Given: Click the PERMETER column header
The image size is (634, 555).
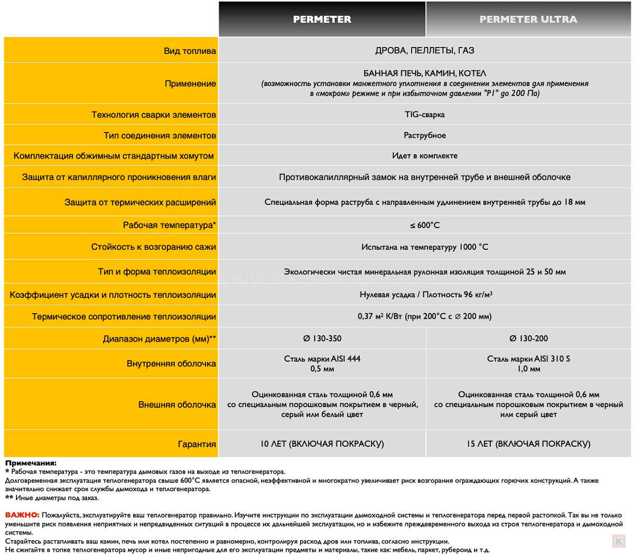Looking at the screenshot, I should coord(322,20).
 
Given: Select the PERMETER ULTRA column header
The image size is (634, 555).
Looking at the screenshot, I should coord(528,20).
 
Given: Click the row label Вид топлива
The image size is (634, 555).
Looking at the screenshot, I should coord(190,51).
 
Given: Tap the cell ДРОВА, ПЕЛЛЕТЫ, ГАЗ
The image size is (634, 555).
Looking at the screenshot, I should coord(424,51).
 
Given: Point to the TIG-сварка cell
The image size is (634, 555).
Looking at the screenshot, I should coord(424,115).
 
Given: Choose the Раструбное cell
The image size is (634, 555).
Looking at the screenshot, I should coord(424,136).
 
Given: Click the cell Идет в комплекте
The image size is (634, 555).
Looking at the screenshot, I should coord(424,156).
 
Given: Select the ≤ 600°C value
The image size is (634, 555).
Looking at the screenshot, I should coord(424,225).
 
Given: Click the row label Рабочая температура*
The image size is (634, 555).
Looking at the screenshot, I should coord(169,225).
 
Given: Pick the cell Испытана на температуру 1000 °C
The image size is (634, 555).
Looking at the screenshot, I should coord(424,247).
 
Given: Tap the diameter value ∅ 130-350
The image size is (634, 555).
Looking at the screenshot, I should coord(322,338).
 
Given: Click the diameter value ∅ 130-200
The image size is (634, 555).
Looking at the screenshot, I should coord(528,338).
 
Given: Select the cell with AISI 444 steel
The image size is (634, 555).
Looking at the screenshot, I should coord(322,364).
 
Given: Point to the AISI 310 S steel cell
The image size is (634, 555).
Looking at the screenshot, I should coord(528,364).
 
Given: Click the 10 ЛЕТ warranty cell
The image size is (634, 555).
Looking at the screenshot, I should coord(322,444).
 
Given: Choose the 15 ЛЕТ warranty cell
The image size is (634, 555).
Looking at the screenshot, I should coord(528,444).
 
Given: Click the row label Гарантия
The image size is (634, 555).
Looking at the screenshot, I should coord(197,445).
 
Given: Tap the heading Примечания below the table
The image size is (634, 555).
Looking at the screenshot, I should coord(31,463).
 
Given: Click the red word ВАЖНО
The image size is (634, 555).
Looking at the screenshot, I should coord(22,515).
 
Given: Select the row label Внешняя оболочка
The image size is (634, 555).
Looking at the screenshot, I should coord(177,405).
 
